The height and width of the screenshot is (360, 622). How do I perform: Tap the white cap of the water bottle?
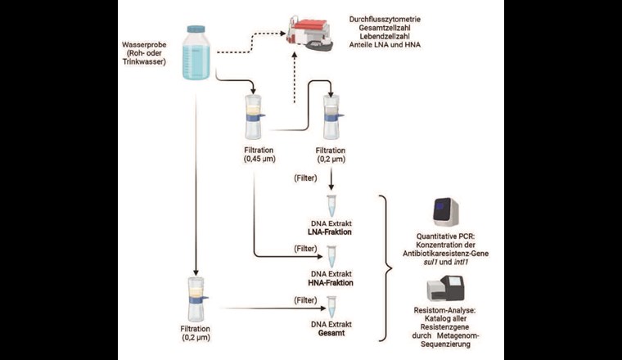(199, 29)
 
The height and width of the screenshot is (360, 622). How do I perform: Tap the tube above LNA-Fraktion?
(331, 205)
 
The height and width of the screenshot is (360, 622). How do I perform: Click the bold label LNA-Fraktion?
(331, 232)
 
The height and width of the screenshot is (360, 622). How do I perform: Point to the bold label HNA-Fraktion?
(331, 282)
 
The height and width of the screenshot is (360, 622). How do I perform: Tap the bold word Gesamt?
(331, 334)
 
